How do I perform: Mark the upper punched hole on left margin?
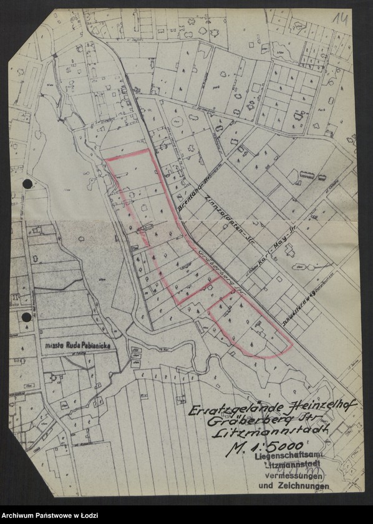click(x=27, y=183)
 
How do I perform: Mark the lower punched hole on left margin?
click(x=26, y=317)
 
